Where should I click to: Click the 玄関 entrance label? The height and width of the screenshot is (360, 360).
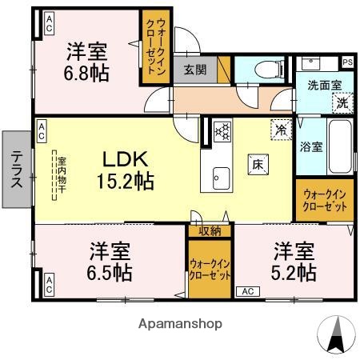pyautogui.click(x=194, y=70)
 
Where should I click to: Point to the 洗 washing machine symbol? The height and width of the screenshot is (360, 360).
pyautogui.click(x=342, y=102)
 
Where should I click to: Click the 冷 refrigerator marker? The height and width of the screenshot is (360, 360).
pyautogui.click(x=281, y=127)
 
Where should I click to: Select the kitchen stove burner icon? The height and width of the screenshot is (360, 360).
pyautogui.click(x=222, y=128)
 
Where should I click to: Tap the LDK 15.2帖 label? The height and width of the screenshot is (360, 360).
pyautogui.click(x=126, y=169)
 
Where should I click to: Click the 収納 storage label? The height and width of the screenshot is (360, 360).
pyautogui.click(x=210, y=231)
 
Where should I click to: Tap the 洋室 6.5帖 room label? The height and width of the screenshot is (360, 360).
pyautogui.click(x=110, y=261)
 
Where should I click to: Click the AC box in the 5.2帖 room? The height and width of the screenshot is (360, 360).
pyautogui.click(x=248, y=291)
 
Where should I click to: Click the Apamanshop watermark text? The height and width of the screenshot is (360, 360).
pyautogui.click(x=181, y=325)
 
